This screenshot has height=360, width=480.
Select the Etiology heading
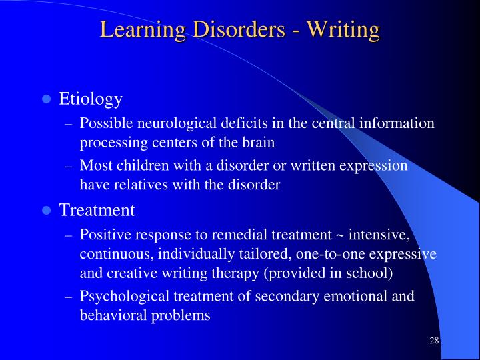pos(91,99)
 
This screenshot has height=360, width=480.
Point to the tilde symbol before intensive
pos(341,235)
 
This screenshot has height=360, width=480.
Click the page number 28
pos(434,341)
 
